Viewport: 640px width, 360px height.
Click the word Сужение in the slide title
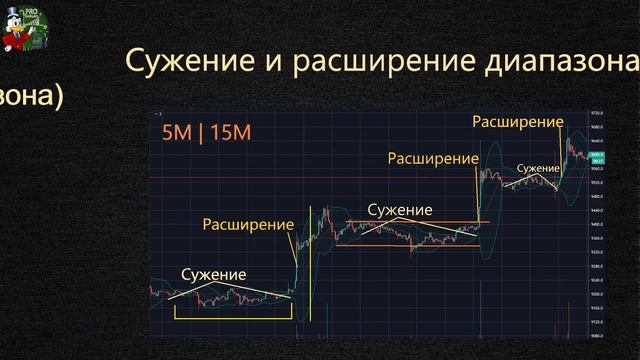point(179,62)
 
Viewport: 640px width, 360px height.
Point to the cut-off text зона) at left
point(30,97)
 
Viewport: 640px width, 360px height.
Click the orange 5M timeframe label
point(176,134)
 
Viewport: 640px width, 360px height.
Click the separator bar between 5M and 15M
point(200,134)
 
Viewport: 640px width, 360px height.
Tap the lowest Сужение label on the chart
point(213,275)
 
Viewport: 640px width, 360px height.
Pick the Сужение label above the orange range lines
point(399,210)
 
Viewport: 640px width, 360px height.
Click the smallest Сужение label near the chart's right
point(536,167)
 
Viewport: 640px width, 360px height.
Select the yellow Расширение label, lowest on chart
point(249,224)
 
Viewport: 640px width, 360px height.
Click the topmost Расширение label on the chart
point(516,121)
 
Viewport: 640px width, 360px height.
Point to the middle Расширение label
point(432,158)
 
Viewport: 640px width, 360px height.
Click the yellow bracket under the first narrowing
point(232,317)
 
